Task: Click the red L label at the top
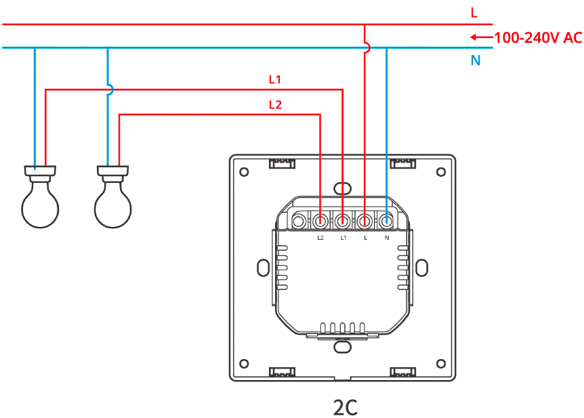(x=474, y=12)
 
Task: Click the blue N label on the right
(x=476, y=60)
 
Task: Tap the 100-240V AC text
(x=538, y=38)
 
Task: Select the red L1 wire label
(x=275, y=80)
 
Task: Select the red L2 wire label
(x=275, y=104)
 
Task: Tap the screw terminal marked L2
(x=320, y=221)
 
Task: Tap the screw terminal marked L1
(x=343, y=221)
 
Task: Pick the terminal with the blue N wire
(x=386, y=221)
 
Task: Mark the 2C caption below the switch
(x=345, y=407)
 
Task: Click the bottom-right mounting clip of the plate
(x=402, y=372)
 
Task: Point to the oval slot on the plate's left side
(x=262, y=267)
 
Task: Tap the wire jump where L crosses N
(x=366, y=48)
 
